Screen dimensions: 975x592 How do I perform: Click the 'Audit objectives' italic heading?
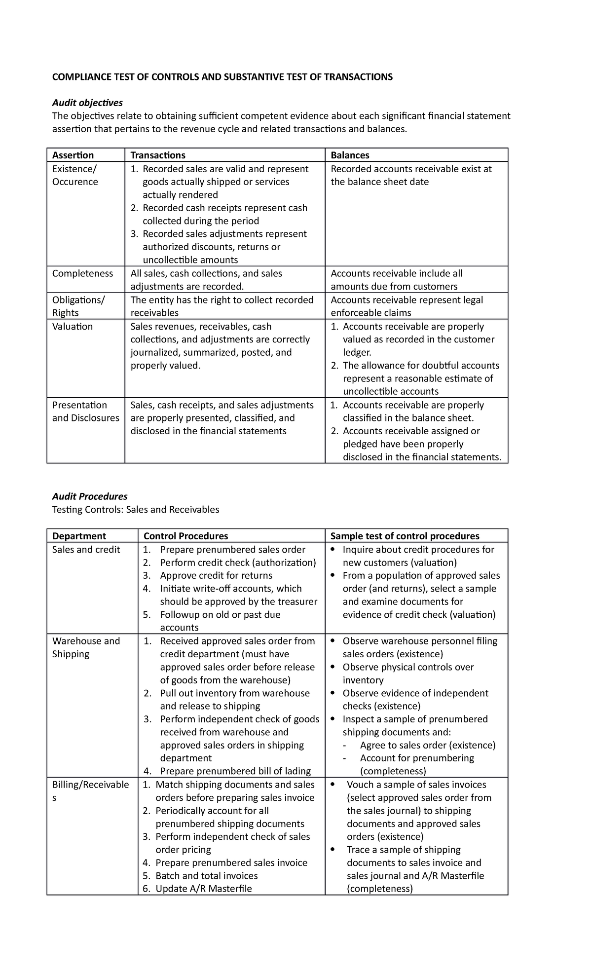tap(87, 103)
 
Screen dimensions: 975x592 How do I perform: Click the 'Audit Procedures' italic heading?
tap(90, 496)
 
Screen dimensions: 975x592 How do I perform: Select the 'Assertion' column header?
tap(73, 155)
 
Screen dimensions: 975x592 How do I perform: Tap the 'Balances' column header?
tap(350, 155)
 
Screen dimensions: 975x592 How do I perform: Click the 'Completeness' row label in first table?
tap(82, 273)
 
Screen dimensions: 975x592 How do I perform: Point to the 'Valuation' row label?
tap(73, 326)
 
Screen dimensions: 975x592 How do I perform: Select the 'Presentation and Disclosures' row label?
tap(85, 411)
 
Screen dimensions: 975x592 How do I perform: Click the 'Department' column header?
tap(79, 536)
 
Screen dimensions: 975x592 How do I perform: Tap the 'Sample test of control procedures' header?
tap(405, 536)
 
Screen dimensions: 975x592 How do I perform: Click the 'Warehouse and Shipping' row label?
tap(86, 647)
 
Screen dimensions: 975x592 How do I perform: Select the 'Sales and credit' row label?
tap(86, 549)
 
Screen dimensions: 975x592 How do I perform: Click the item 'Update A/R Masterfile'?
tap(203, 888)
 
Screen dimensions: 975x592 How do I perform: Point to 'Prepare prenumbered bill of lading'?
tap(235, 771)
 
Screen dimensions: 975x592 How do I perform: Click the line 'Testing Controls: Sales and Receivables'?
tap(136, 509)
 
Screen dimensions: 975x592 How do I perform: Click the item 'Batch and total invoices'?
tap(206, 875)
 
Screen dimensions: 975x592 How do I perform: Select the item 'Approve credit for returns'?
tap(216, 575)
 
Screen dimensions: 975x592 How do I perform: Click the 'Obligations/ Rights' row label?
tap(78, 306)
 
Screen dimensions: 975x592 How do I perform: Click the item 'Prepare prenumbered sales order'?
tap(232, 549)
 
